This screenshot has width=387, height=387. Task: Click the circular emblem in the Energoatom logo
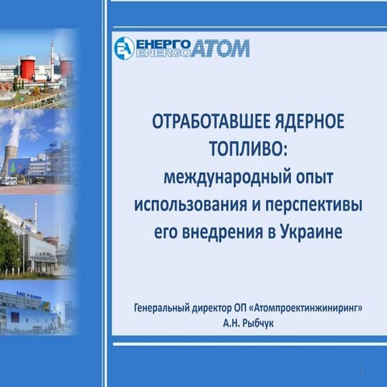point(123,48)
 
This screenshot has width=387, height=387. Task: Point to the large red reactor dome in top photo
point(27,66)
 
